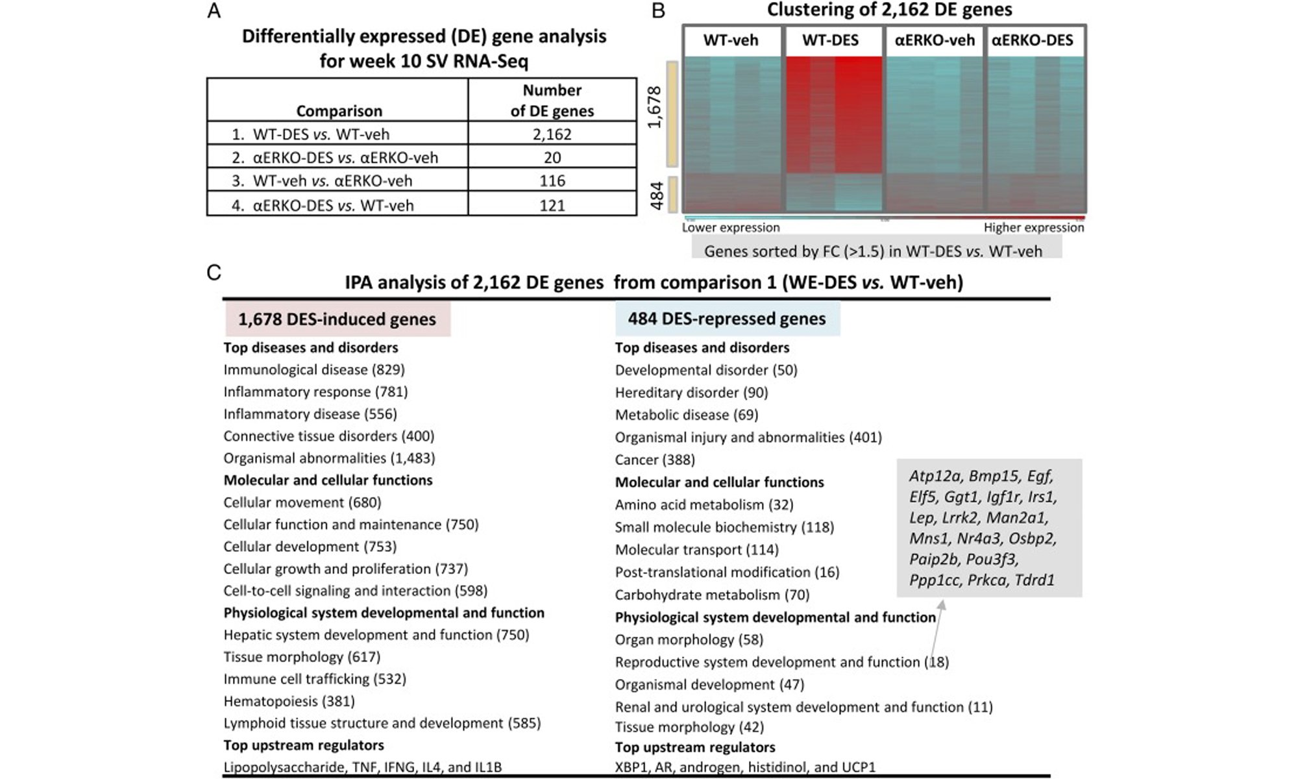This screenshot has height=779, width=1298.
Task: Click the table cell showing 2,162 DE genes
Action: click(x=552, y=134)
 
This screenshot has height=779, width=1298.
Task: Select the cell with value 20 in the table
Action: click(x=552, y=157)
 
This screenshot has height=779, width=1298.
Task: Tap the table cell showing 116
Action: click(x=552, y=180)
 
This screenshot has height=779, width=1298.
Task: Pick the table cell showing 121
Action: click(x=552, y=205)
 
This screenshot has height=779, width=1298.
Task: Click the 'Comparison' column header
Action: click(x=339, y=110)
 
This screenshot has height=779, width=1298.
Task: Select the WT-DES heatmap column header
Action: click(x=830, y=40)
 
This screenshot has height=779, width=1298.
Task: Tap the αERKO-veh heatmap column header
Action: click(x=935, y=40)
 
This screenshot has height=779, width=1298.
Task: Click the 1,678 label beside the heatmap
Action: click(x=655, y=107)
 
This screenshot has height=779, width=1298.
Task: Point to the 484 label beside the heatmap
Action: click(x=656, y=195)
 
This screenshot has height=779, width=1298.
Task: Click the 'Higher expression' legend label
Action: click(x=1034, y=227)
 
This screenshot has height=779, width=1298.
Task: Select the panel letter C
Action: click(x=214, y=272)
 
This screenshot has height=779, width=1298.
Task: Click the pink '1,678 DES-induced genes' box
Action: click(x=337, y=319)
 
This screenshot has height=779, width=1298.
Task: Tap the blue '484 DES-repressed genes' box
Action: click(x=727, y=319)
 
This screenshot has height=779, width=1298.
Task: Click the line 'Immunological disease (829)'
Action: click(x=314, y=370)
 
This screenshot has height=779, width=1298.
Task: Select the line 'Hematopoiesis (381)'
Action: click(x=289, y=701)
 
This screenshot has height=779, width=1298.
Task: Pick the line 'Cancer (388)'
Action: click(x=655, y=460)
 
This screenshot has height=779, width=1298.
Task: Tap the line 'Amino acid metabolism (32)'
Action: click(x=704, y=504)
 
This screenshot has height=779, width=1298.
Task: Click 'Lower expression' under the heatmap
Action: click(x=731, y=227)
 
